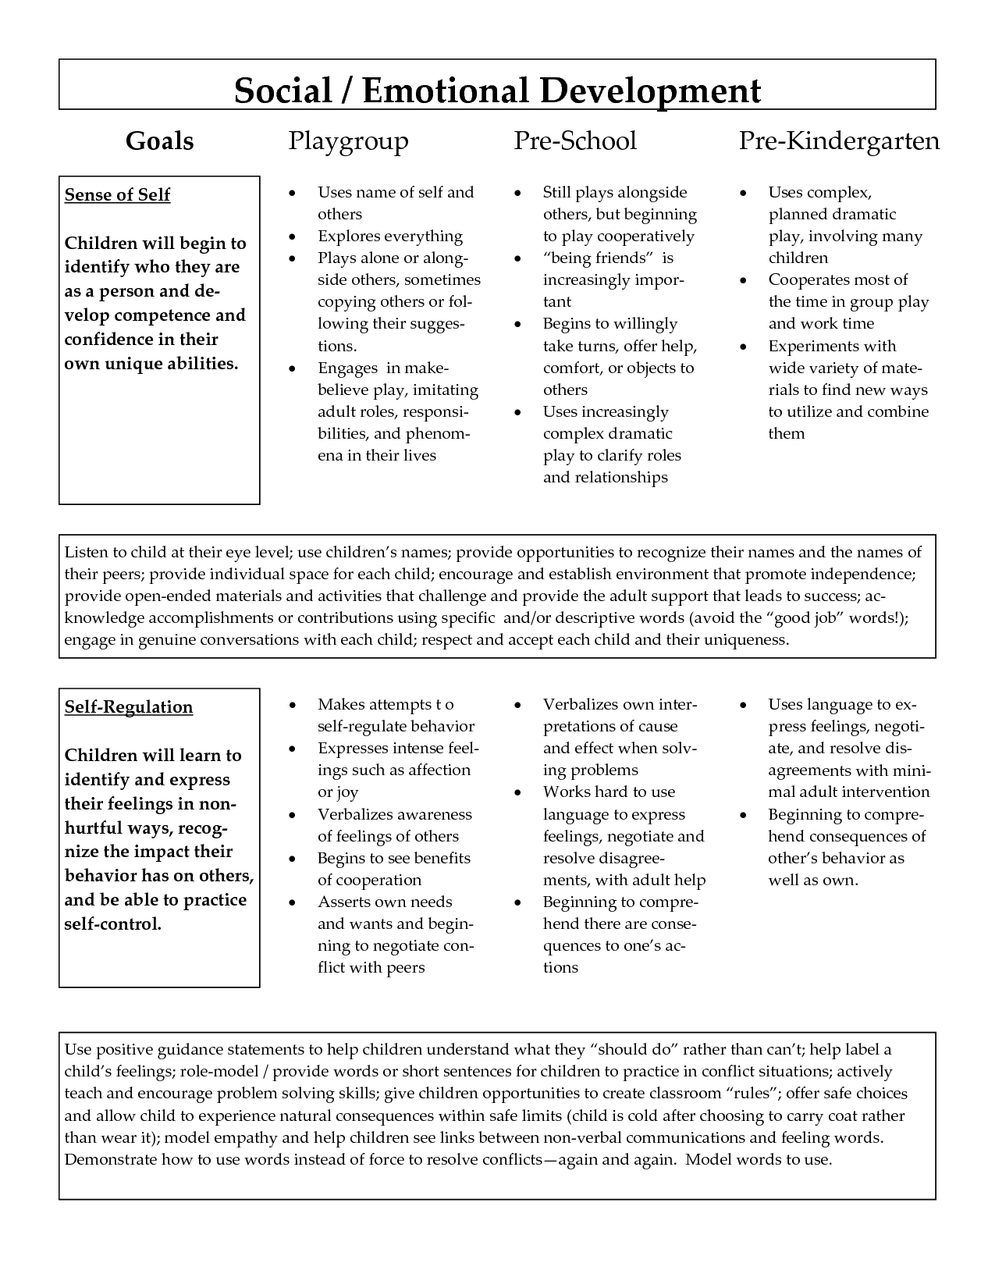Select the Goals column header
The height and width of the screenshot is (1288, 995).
(x=159, y=141)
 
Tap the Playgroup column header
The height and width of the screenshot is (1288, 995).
(x=348, y=141)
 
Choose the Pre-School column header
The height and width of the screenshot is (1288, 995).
(x=574, y=141)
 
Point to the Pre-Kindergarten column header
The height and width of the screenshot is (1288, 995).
(x=839, y=141)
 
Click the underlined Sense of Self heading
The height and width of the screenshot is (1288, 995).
(x=117, y=195)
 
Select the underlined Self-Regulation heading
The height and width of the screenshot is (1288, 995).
(x=128, y=707)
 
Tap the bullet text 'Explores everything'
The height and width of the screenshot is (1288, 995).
(x=389, y=237)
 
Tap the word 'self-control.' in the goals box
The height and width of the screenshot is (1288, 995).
(x=112, y=924)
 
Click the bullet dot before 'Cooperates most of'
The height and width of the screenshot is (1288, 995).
(x=743, y=280)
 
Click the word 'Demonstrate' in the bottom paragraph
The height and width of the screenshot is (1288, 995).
(x=110, y=1159)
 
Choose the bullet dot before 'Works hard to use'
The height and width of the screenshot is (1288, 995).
(x=517, y=792)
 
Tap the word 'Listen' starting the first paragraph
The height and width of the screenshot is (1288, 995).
(x=87, y=553)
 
